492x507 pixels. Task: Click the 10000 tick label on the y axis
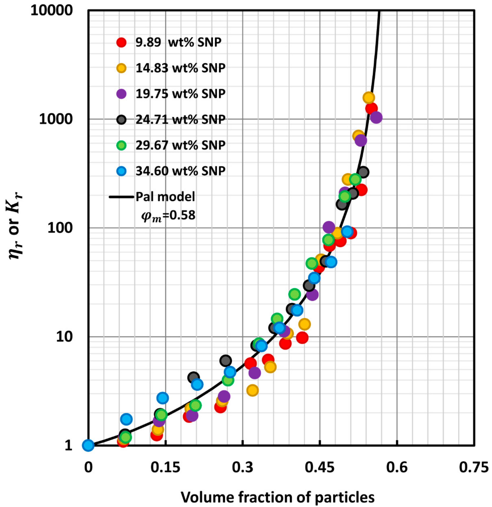[52, 11]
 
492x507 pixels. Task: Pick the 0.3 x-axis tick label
[242, 468]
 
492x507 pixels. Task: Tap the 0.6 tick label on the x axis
[397, 468]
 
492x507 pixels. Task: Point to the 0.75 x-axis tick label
[474, 468]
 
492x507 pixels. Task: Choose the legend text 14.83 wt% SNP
[180, 68]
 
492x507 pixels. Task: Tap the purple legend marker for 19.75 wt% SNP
[121, 94]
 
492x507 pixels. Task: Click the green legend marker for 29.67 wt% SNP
[121, 145]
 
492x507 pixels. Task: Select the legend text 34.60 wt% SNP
[180, 171]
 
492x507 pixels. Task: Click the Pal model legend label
[165, 197]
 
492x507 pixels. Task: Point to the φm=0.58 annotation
[168, 215]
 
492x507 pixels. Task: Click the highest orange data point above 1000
[369, 98]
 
